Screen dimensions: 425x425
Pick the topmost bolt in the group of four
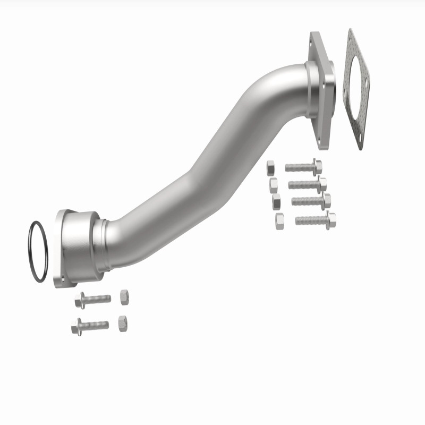point(303,167)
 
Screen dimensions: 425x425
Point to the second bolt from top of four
point(307,184)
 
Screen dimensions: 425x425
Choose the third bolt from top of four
point(311,201)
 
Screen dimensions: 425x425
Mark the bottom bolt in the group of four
point(315,219)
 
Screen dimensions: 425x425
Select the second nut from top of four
point(274,185)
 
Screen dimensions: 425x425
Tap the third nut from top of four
point(276,202)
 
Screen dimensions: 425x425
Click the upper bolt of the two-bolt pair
point(93,300)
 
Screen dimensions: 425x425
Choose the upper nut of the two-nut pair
point(124,297)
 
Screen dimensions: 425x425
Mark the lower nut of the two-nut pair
point(122,323)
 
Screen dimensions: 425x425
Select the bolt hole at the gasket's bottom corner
point(361,139)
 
